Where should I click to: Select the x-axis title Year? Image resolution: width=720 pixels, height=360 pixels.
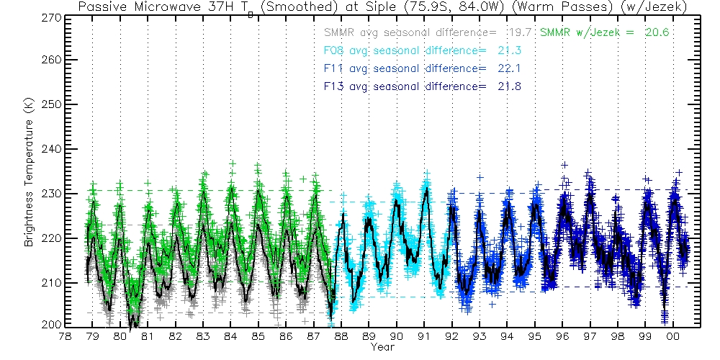(x=382, y=347)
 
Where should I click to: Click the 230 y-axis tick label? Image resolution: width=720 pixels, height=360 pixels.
(x=50, y=194)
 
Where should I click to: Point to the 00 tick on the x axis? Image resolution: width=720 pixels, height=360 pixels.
(x=672, y=336)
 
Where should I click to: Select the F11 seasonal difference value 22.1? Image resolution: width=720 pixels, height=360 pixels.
(x=508, y=68)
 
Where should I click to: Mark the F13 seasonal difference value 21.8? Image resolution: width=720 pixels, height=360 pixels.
(x=508, y=86)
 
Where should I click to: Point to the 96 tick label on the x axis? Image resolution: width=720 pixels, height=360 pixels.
(x=562, y=336)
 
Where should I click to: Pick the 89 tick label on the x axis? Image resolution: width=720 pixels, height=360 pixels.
(x=369, y=336)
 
